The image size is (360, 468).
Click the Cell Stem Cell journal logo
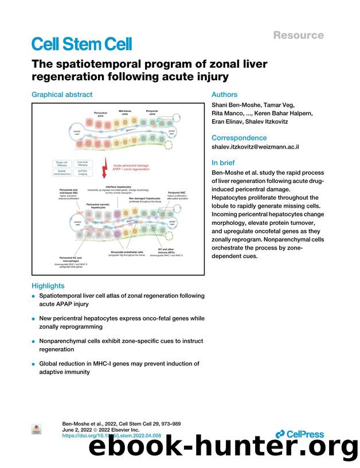pyautogui.click(x=81, y=44)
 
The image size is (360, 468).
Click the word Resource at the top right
pyautogui.click(x=298, y=35)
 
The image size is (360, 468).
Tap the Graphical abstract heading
pyautogui.click(x=62, y=95)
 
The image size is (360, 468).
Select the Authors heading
pyautogui.click(x=224, y=95)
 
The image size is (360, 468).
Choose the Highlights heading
pyautogui.click(x=48, y=286)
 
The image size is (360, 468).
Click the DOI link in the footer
pyautogui.click(x=111, y=436)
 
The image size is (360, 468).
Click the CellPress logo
pyautogui.click(x=299, y=434)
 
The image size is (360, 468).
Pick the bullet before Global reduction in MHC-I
pyautogui.click(x=34, y=364)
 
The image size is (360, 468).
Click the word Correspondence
pyautogui.click(x=239, y=138)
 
